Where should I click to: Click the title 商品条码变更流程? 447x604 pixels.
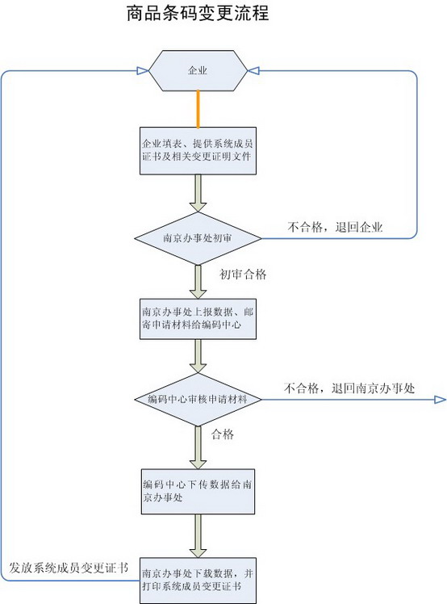[198, 13]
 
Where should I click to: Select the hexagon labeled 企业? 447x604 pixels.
[198, 70]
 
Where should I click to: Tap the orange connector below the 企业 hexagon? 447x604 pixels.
[198, 109]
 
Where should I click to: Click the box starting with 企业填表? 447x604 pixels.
[198, 151]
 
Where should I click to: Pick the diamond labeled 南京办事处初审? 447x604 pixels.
[198, 238]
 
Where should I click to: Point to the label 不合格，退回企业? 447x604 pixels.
[335, 227]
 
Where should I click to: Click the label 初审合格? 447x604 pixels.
[243, 275]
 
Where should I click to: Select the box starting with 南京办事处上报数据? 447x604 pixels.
[198, 319]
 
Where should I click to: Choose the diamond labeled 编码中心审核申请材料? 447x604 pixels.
[198, 400]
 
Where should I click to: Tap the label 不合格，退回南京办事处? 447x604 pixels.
[349, 388]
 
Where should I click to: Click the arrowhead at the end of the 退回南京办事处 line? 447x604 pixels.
[441, 400]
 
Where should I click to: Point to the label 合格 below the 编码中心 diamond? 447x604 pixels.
[223, 434]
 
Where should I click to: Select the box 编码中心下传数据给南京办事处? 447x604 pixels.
[198, 492]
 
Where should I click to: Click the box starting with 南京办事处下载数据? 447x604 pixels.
[198, 581]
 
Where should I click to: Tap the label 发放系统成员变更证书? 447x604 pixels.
[69, 568]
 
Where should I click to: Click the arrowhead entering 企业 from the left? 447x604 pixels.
[143, 70]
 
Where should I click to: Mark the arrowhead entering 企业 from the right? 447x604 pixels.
[253, 70]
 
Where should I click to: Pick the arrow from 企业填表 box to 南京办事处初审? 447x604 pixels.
[198, 193]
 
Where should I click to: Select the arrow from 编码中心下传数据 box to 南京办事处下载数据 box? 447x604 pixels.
[198, 536]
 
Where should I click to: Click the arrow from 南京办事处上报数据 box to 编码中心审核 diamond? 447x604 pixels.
[198, 356]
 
